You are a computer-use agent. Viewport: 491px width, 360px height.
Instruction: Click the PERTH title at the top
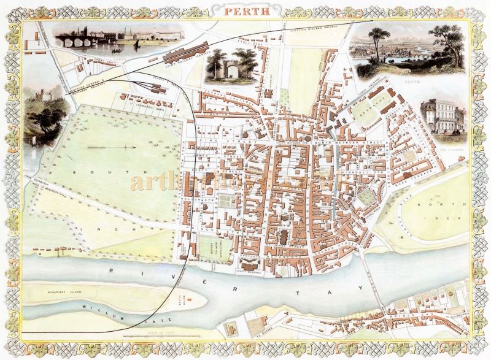(245, 10)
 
